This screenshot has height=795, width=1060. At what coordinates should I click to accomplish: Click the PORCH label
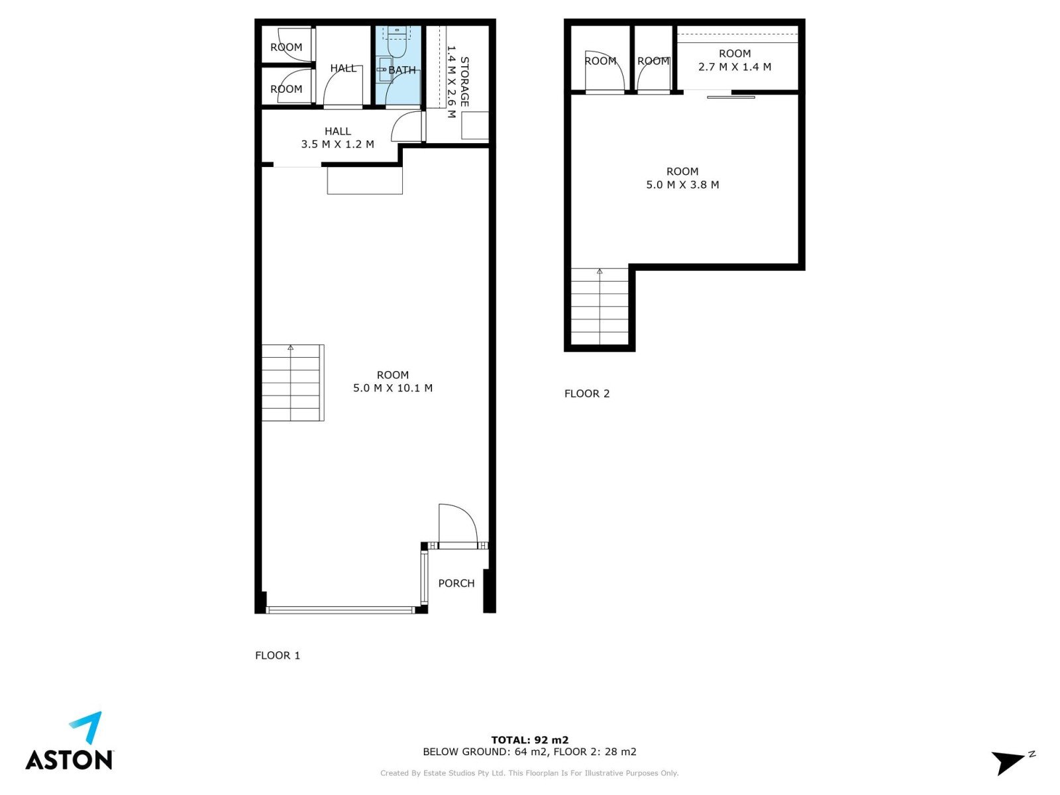456,583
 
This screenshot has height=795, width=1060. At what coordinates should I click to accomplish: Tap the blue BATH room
398,66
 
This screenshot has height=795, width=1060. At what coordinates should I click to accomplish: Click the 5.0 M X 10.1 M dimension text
393,388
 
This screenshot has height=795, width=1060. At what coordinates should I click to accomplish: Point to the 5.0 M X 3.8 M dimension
682,184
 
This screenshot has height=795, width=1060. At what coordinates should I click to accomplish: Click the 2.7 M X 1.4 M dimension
735,67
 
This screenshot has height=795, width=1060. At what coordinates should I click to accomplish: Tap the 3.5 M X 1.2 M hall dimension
338,144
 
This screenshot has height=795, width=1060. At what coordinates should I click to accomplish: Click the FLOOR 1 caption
278,655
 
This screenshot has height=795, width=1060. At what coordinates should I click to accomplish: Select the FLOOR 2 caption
587,394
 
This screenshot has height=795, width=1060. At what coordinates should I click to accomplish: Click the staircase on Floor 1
293,383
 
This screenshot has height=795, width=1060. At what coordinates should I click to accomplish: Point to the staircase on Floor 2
600,307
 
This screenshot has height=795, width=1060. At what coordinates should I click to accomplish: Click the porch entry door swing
458,525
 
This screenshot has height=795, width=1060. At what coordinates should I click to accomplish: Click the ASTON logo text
69,759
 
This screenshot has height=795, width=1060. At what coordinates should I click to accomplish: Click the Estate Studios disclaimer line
529,772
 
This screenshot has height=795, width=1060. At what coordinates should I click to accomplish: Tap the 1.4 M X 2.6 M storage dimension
451,81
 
